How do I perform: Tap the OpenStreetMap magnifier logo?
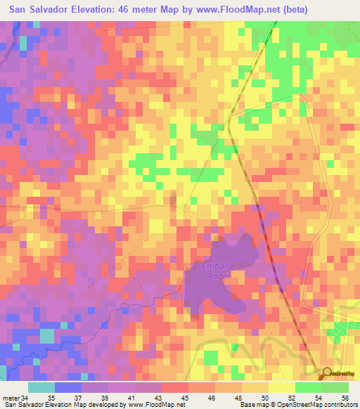(x=328, y=373)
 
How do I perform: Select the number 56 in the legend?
(x=345, y=398)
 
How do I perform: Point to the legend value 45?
(x=185, y=398)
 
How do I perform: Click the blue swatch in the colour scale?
(x=68, y=387)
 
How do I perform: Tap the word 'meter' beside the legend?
(x=11, y=398)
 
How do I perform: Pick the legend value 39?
(x=105, y=398)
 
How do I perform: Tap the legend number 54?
(x=318, y=398)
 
